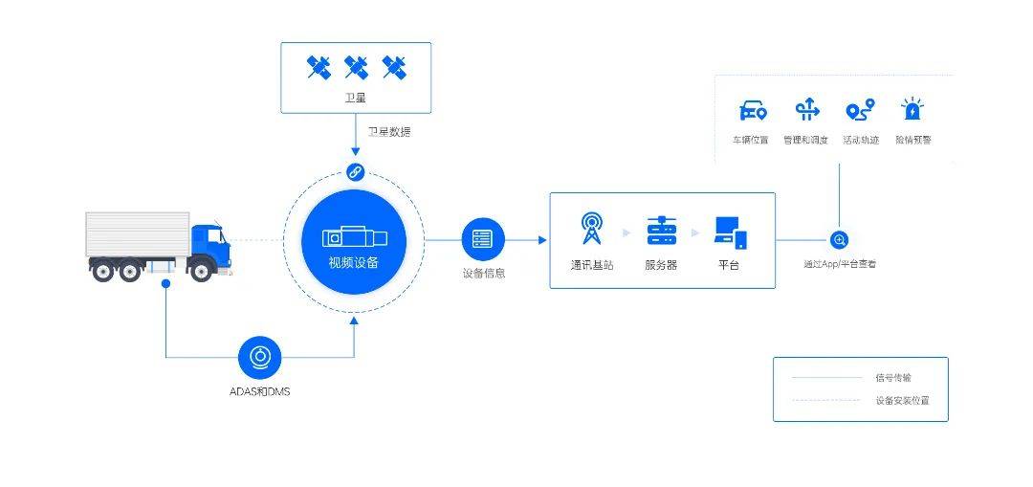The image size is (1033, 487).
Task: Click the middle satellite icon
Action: pos(356,67)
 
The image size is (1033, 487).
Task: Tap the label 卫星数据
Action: pos(389,132)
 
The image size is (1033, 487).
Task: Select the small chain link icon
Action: pos(355,172)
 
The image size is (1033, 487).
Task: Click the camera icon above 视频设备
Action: pos(353,236)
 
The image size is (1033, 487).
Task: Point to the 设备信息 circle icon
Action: pos(483,239)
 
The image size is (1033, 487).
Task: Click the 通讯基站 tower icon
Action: pos(594,230)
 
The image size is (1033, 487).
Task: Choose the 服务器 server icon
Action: pos(661,231)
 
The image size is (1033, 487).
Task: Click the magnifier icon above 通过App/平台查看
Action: pos(839,240)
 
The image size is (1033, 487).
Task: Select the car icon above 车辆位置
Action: pos(753,111)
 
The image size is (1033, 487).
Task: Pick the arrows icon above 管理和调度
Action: pos(806,110)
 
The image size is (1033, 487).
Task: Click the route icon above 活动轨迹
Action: pos(860,111)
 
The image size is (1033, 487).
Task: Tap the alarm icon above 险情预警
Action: pos(912,110)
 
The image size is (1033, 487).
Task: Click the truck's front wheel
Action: pos(201,271)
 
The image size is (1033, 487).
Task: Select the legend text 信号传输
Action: pos(893,378)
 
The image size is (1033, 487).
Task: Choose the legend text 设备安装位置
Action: pos(902,401)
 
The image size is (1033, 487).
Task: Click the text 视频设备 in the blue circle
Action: pos(353,262)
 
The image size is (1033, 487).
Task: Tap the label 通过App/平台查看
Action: pos(839,263)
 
